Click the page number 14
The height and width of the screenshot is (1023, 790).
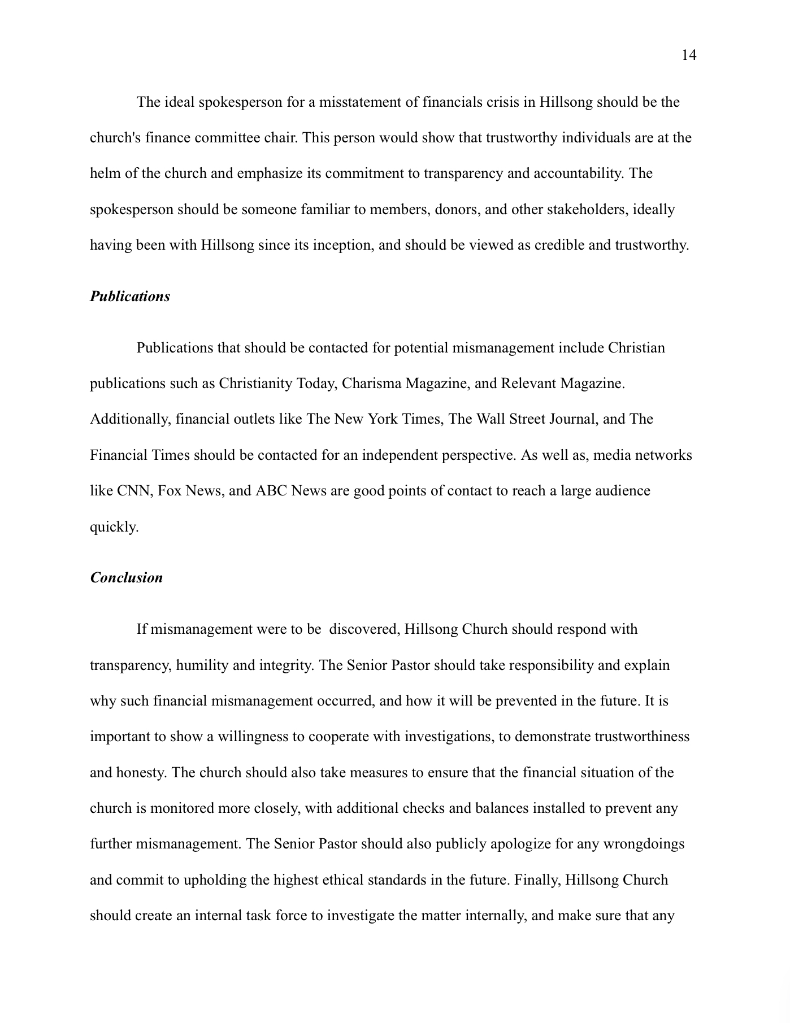pyautogui.click(x=689, y=55)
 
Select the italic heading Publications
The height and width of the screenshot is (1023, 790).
pyautogui.click(x=130, y=297)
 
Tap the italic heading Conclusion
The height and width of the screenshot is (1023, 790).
pyautogui.click(x=127, y=578)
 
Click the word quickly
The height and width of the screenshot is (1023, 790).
pyautogui.click(x=114, y=527)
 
